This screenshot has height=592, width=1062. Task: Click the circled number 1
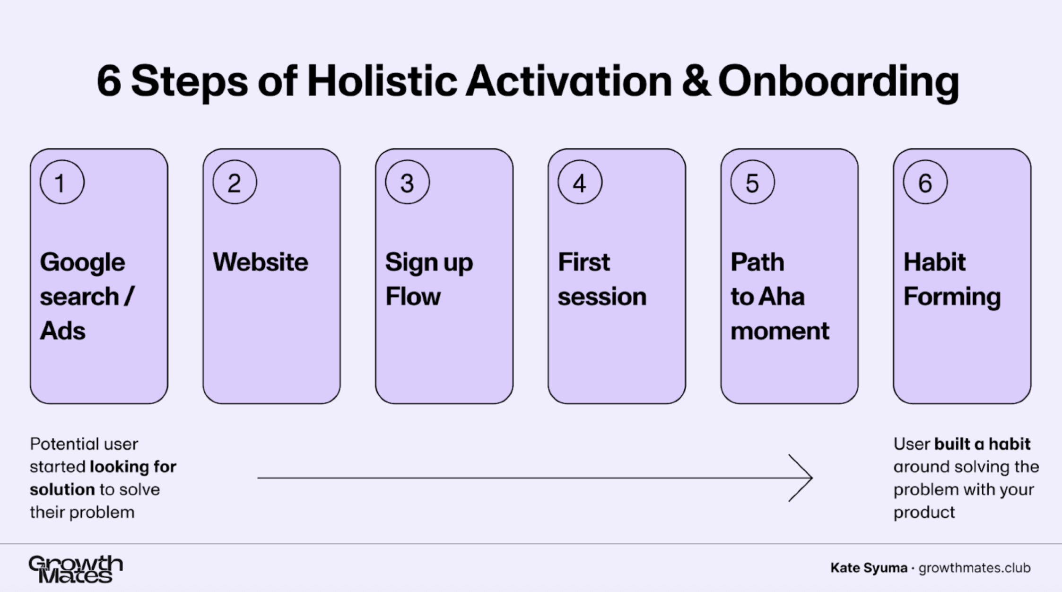pos(62,183)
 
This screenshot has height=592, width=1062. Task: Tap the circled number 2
pos(235,183)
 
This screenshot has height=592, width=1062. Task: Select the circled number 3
pos(407,183)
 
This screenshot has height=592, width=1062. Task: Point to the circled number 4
pos(580,183)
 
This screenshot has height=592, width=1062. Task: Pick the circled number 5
pos(752,183)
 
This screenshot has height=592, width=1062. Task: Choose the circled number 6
pos(925,183)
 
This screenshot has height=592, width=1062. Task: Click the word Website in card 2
pos(260,262)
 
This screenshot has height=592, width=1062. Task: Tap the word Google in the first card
pos(82,263)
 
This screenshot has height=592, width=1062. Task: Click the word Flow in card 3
pos(413,296)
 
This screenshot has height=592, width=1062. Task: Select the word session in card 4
pos(601,297)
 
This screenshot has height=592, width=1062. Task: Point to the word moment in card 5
pos(780,331)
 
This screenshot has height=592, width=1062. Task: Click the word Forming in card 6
pos(952,297)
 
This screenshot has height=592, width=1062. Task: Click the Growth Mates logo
pos(76,569)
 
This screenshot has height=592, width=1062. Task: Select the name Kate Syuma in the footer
pos(869,568)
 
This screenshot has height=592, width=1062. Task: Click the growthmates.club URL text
pos(974,568)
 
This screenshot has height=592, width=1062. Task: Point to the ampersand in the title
pos(696,81)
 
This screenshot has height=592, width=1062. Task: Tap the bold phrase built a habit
pos(982,444)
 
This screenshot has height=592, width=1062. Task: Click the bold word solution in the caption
pos(62,489)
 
